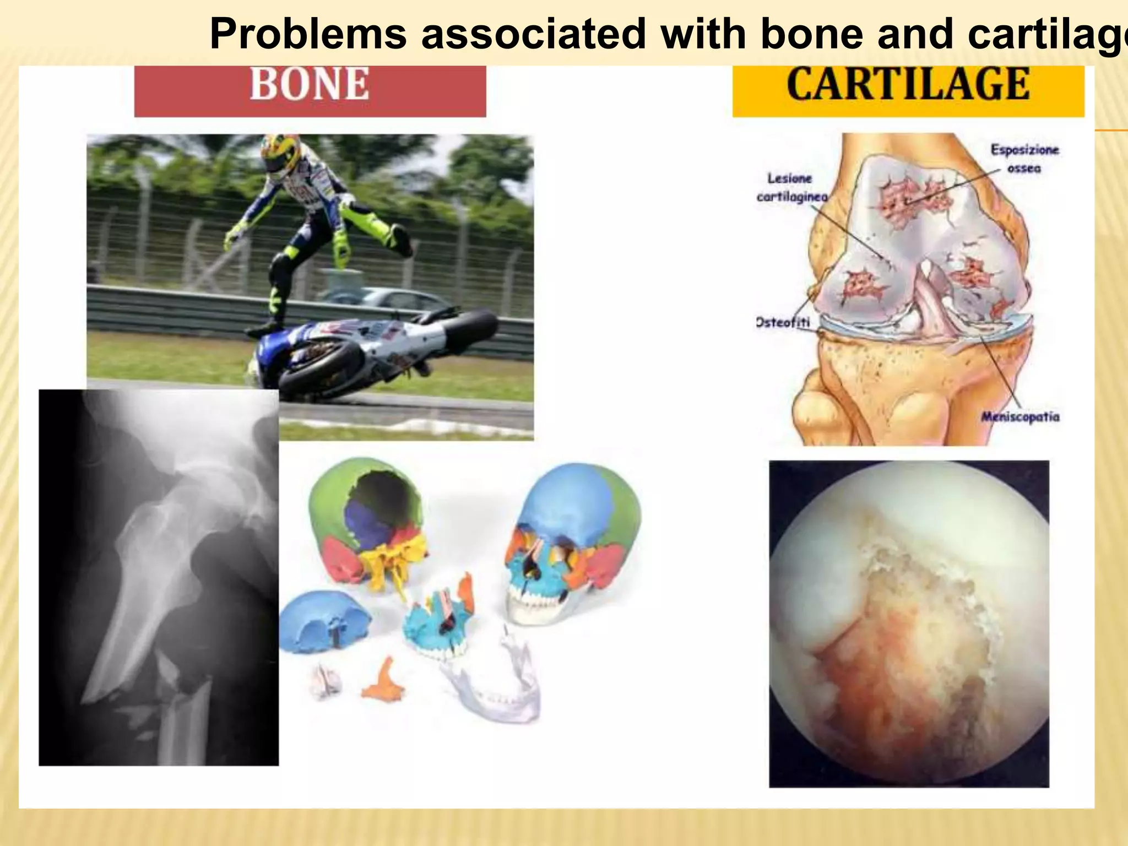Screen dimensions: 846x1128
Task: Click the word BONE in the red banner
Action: coord(310,84)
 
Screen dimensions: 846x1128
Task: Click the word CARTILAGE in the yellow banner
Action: coord(908,84)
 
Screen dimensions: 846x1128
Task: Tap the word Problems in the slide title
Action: coord(308,34)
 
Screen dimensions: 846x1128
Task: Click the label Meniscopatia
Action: coord(1021,416)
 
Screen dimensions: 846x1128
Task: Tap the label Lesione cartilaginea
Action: coord(791,188)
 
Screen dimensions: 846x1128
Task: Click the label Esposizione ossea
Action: coord(1024,159)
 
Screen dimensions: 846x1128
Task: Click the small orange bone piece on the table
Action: coord(385,681)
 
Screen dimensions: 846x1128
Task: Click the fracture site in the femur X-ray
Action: coord(176,688)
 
